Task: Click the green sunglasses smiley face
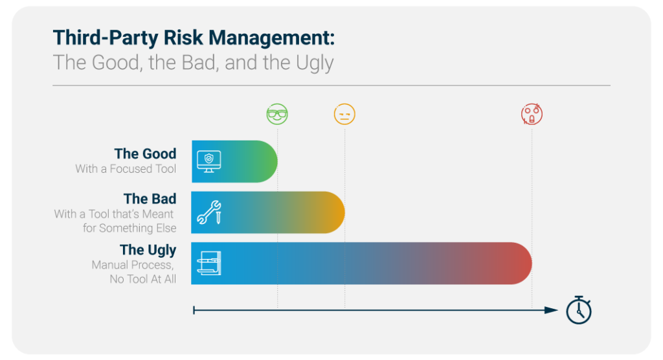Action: coord(277,114)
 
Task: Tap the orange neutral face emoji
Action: coord(344,114)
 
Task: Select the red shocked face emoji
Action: coord(532,114)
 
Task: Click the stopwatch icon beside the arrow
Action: coord(579,310)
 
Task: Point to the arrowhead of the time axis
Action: coord(552,310)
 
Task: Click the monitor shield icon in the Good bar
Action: coord(209,161)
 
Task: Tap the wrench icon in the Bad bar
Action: coord(209,212)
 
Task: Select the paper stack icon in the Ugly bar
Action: coord(209,263)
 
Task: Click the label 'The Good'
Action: coord(145,153)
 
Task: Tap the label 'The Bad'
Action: coord(150,198)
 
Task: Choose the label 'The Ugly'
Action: coord(148,250)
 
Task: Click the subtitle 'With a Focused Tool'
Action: coord(126,169)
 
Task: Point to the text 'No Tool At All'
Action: coord(143,279)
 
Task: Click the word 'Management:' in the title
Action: coord(271,38)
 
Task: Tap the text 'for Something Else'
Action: coord(129,228)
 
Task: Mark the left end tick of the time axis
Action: coord(194,310)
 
